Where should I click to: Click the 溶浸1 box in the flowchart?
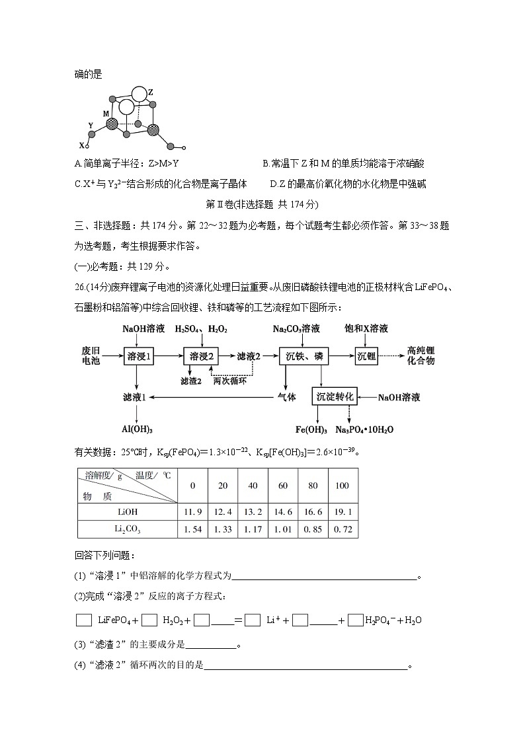pos(138,356)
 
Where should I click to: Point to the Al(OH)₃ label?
pos(137,429)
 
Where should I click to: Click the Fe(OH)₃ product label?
pos(311,429)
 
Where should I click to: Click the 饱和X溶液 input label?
pos(366,328)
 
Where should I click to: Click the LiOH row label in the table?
pos(128,511)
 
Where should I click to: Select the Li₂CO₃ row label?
pos(128,529)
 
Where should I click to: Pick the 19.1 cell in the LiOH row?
pos(342,511)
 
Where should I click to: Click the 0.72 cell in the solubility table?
pos(342,529)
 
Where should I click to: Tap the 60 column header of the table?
pos(282,486)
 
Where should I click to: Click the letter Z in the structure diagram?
pos(151,92)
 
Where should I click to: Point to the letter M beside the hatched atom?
pos(106,113)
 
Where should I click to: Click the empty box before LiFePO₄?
pos(84,620)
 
